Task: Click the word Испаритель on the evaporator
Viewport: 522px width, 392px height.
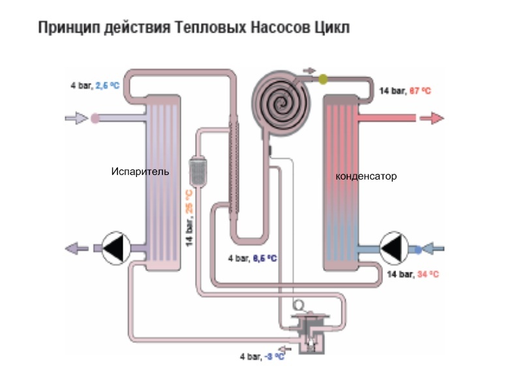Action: tap(140, 172)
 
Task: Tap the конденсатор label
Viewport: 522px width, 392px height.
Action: tap(365, 176)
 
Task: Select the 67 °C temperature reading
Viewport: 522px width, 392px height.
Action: tap(420, 91)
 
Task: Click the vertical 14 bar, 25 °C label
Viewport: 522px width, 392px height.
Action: tap(189, 218)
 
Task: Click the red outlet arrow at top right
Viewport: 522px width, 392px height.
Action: tap(431, 118)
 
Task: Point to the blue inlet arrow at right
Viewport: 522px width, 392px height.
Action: tap(433, 248)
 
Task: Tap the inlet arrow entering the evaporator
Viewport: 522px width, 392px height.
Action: tap(76, 118)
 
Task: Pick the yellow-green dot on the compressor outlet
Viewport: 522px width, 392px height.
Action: tap(323, 79)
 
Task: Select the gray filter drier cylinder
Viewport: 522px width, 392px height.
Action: tap(198, 169)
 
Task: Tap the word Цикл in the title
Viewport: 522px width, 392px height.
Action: tap(333, 28)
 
